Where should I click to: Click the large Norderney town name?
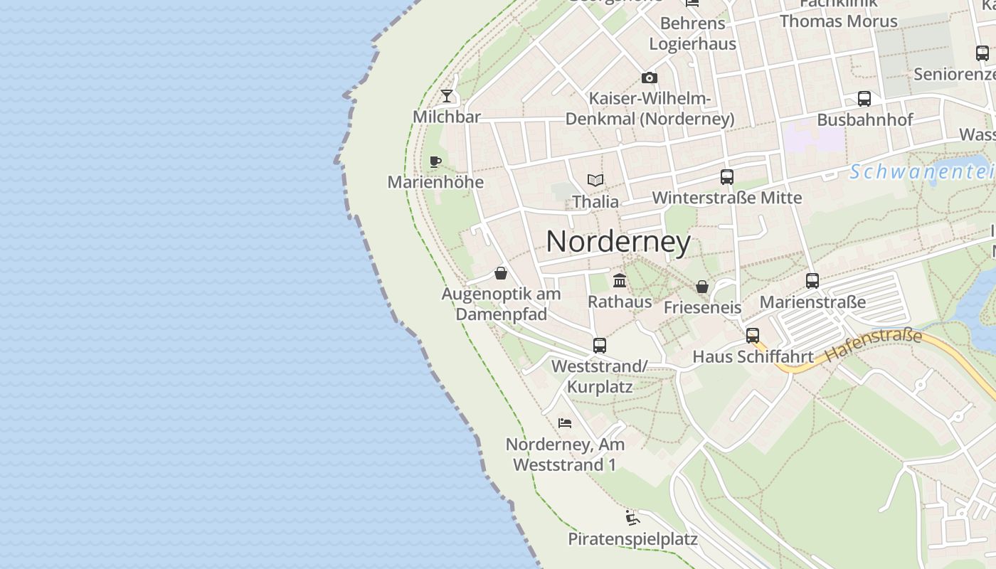point(618,242)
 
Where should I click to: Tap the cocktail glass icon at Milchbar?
point(447,96)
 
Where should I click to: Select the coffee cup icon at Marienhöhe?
point(435,162)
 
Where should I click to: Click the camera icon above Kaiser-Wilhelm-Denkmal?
point(650,78)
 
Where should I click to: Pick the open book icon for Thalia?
point(595,181)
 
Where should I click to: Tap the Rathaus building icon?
point(620,281)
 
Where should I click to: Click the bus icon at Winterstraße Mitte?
point(726,177)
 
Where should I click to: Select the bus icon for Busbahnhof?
point(864,99)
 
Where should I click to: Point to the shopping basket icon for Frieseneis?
point(702,287)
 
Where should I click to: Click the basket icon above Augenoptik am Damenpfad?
point(501,273)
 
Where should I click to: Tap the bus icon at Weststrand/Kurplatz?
point(600,346)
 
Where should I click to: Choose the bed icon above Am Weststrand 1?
point(565,422)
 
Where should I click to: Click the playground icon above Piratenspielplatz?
point(632,517)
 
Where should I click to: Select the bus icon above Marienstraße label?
point(812,281)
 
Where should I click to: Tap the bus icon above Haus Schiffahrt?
point(753,336)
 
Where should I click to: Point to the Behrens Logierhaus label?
point(692,33)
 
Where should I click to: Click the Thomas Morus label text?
point(838,21)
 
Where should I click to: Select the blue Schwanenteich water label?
point(922,172)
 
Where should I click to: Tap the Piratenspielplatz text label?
point(632,539)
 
